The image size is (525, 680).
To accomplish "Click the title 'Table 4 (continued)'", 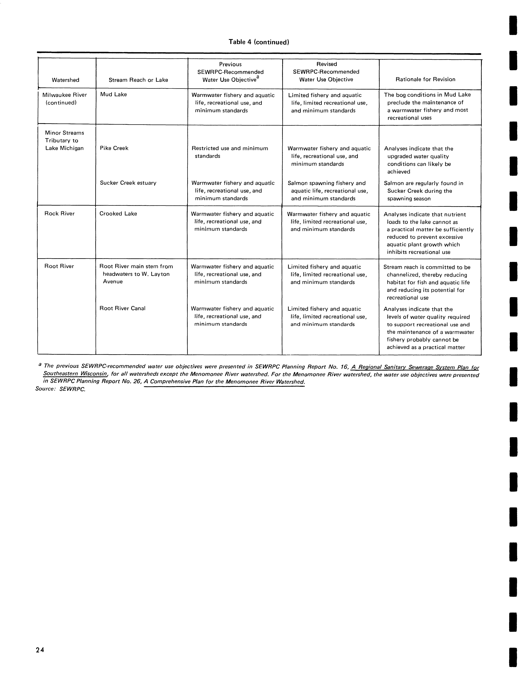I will click(259, 42).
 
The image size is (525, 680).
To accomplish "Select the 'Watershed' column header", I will click(65, 80).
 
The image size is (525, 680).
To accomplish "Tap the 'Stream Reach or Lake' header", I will click(138, 80).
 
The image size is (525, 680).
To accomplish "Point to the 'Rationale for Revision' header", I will click(425, 79).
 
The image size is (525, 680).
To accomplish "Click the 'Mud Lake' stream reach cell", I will click(113, 94).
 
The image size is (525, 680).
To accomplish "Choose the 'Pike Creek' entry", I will click(114, 148).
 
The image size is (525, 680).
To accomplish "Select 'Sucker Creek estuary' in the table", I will click(128, 183).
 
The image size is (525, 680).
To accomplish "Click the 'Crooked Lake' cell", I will click(118, 214).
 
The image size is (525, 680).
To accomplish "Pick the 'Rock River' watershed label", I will click(59, 214).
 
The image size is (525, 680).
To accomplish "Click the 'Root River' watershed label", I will click(59, 266).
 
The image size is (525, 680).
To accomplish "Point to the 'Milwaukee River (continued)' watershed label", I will click(64, 99).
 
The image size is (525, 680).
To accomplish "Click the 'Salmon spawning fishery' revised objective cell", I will click(328, 191).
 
